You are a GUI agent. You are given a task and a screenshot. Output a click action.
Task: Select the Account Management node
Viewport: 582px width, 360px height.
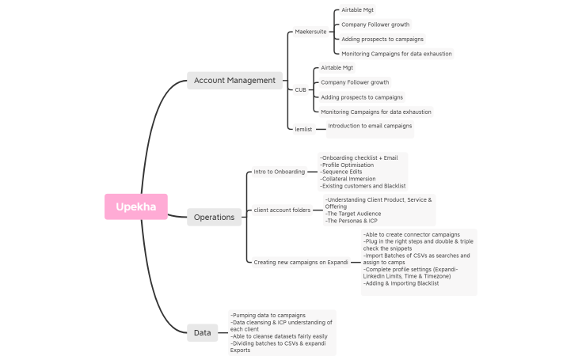(x=234, y=80)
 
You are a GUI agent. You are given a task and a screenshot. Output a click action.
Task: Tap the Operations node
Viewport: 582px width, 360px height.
(x=214, y=217)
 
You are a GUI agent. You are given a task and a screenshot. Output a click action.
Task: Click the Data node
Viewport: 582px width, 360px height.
(x=202, y=332)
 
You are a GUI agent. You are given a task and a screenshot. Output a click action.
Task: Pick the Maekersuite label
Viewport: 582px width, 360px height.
(x=310, y=32)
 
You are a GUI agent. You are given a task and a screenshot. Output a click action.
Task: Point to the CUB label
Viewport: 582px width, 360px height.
(x=300, y=90)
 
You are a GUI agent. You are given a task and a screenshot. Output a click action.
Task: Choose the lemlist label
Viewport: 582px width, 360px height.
(x=303, y=129)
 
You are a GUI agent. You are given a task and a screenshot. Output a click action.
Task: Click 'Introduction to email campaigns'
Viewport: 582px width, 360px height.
(x=370, y=126)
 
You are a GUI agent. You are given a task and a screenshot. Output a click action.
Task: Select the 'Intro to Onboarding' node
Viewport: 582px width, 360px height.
(x=279, y=172)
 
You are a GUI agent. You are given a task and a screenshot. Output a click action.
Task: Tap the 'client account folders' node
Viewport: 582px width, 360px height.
(x=282, y=210)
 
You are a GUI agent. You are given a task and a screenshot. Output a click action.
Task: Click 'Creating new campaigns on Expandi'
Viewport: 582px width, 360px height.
(x=301, y=262)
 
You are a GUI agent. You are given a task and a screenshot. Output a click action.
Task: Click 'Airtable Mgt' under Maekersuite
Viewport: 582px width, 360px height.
(x=358, y=10)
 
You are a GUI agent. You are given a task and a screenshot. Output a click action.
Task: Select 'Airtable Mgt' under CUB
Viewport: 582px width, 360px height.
(x=337, y=68)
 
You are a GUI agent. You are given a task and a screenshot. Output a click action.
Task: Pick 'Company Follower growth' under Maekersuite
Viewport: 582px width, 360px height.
(x=375, y=25)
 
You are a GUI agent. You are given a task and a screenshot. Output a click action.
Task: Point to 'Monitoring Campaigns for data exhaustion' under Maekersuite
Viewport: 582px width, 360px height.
(x=397, y=54)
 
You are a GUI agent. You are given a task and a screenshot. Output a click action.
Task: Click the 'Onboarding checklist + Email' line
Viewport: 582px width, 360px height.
(x=359, y=157)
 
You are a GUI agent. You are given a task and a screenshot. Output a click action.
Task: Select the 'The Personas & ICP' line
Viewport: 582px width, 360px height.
(x=352, y=221)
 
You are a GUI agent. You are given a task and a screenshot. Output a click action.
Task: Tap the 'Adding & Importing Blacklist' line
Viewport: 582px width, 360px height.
(x=401, y=283)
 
